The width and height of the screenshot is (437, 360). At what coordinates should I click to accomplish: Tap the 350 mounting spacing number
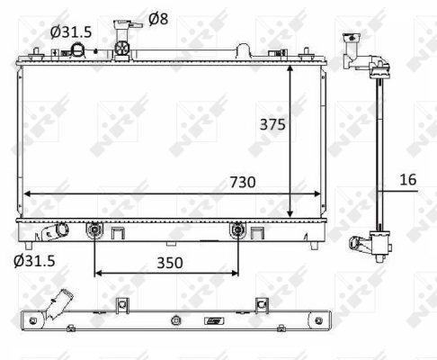(168, 263)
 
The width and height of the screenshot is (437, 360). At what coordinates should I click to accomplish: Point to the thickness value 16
(407, 179)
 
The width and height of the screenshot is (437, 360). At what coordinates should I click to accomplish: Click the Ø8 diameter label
(157, 18)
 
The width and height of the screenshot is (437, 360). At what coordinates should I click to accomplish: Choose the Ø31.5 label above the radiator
(71, 31)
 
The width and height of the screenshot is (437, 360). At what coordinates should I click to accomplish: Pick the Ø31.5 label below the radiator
(35, 262)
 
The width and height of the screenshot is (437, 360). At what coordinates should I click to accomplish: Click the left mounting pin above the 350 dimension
(95, 231)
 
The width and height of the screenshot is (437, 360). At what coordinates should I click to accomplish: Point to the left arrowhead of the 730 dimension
(27, 193)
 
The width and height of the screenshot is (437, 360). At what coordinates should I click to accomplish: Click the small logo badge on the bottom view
(214, 321)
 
